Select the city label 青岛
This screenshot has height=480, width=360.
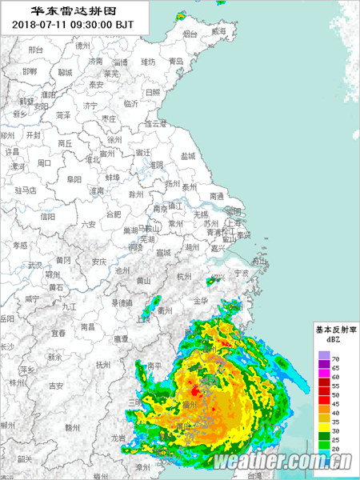pyautogui.click(x=176, y=61)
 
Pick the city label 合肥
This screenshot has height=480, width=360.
pyautogui.click(x=114, y=214)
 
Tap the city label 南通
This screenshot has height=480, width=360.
pyautogui.click(x=217, y=195)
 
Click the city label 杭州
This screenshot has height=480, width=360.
pyautogui.click(x=184, y=276)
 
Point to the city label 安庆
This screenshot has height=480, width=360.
pyautogui.click(x=99, y=262)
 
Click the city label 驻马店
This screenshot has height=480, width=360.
pyautogui.click(x=26, y=190)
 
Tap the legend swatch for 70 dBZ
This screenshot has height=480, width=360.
pyautogui.click(x=324, y=355)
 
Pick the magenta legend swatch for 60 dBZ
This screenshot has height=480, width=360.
pyautogui.click(x=324, y=377)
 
